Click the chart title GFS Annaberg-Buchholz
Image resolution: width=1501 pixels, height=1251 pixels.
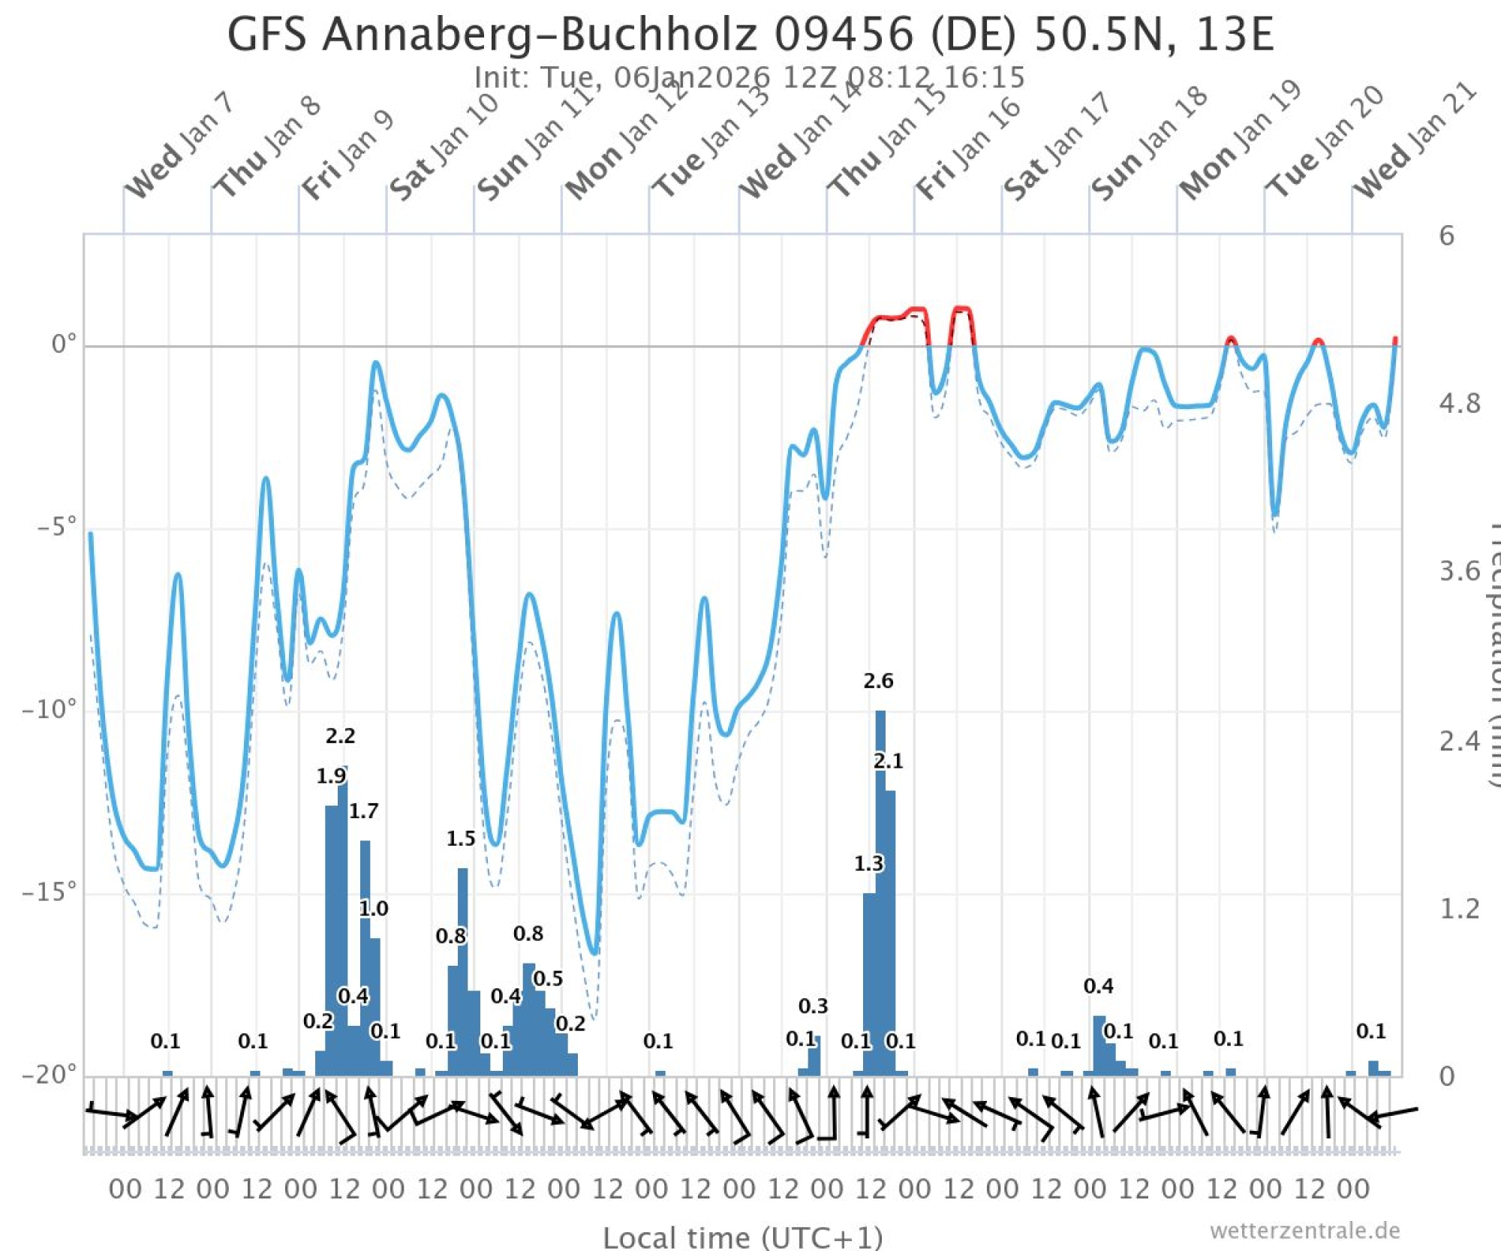[750, 34]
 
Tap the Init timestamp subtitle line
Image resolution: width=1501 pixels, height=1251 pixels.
[749, 77]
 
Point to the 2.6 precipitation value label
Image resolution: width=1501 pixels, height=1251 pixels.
[878, 681]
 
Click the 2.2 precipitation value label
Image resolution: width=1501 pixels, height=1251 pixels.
[340, 735]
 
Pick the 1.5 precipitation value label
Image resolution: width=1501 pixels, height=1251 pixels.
[461, 838]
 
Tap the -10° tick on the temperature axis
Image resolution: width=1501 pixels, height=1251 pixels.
[50, 709]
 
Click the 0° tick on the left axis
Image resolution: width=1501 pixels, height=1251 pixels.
[64, 344]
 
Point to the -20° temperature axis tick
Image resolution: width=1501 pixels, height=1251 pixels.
[50, 1074]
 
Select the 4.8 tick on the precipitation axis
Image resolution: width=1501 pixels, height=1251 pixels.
[1459, 404]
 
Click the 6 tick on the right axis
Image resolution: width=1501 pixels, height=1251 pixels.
[1446, 236]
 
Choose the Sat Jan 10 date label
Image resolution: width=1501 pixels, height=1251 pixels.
[444, 148]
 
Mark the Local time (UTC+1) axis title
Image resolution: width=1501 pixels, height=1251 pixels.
[743, 1237]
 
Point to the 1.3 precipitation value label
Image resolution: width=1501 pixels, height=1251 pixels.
[868, 864]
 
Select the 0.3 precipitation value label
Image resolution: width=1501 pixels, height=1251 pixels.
[813, 1006]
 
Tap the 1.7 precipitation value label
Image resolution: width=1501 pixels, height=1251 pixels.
[363, 810]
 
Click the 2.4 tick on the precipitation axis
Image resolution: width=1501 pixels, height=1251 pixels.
[1459, 741]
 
